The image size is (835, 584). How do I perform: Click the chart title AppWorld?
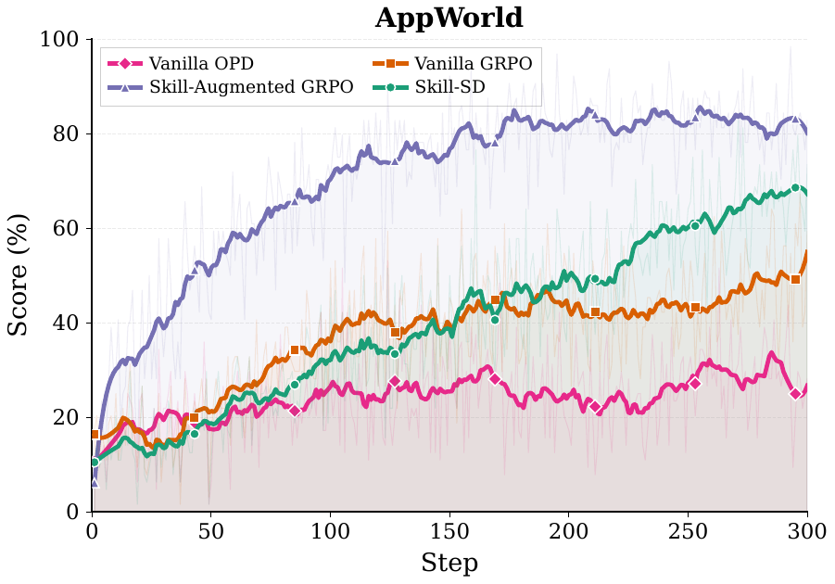449,18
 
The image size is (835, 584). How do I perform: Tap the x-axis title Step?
449,563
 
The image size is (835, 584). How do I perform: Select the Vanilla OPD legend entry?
182,64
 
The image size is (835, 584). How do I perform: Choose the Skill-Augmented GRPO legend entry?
231,87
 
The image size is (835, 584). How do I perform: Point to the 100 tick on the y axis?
60,40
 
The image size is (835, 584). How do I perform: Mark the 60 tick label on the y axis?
66,229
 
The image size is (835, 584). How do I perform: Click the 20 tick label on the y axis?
66,418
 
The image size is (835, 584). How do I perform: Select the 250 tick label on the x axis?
688,530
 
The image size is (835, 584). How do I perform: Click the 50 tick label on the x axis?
210,530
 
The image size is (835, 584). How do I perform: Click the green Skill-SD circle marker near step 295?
795,187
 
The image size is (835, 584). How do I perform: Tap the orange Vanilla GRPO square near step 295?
795,279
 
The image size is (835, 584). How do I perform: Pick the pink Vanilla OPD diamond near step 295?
795,394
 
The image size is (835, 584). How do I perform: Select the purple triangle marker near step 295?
795,119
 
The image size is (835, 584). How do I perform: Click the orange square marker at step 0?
95,434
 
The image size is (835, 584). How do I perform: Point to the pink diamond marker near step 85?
295,411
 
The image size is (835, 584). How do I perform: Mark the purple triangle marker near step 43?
195,270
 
